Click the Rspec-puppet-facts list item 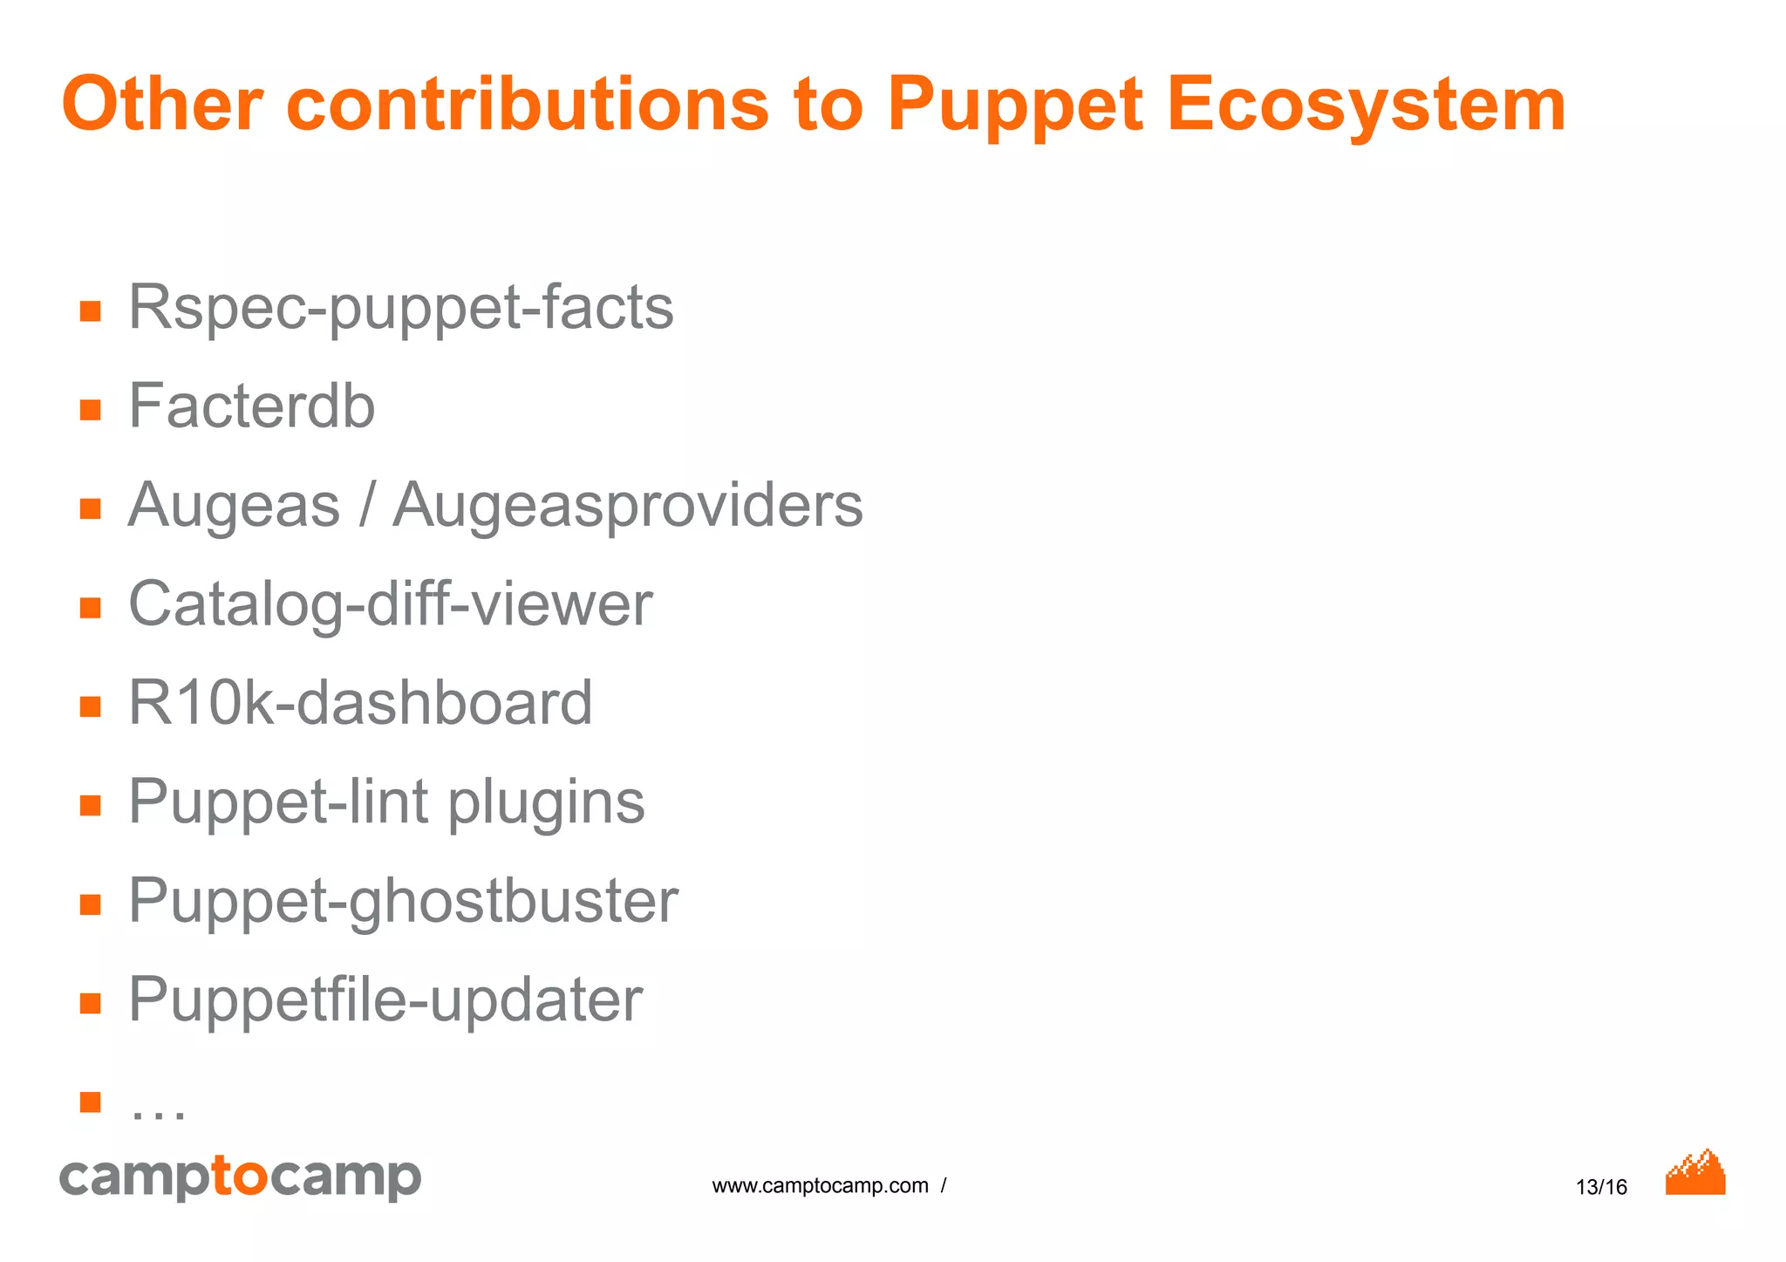click(x=401, y=309)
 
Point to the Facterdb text click(x=251, y=406)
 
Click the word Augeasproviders click(x=628, y=506)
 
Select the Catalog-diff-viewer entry click(x=390, y=604)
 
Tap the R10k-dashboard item click(x=360, y=703)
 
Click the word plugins click(x=546, y=802)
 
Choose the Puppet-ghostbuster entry click(x=403, y=902)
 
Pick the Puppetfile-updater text click(x=385, y=1000)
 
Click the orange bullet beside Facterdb click(x=91, y=410)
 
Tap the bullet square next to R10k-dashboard click(x=91, y=706)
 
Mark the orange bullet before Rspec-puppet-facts click(x=91, y=311)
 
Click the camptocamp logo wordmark click(x=240, y=1178)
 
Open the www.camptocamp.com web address click(x=820, y=1186)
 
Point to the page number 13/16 click(x=1601, y=1187)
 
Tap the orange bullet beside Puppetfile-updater click(x=91, y=1003)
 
